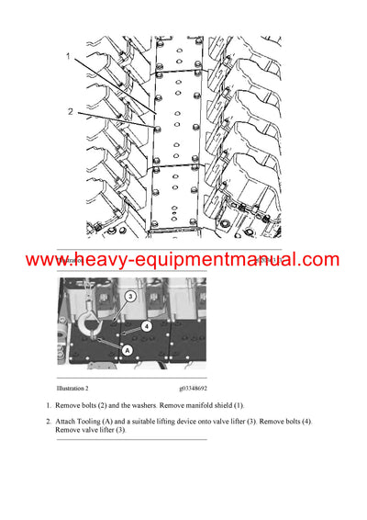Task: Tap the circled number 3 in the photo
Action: (130, 297)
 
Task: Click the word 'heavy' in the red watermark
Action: (111, 260)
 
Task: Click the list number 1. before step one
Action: (48, 405)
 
